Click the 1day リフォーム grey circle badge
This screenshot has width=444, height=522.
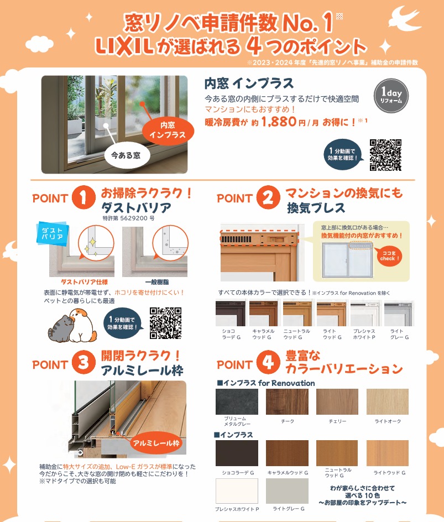(391, 96)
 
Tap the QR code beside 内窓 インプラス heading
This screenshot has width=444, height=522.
(385, 155)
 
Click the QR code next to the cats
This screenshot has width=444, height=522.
(165, 323)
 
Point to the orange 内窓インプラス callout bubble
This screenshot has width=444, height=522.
(168, 130)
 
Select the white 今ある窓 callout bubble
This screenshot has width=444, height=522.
(126, 155)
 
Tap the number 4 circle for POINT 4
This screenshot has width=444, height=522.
(268, 362)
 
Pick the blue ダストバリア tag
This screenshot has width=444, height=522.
(53, 233)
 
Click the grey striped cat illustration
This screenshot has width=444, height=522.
(60, 329)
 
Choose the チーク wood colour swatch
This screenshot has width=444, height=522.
(287, 401)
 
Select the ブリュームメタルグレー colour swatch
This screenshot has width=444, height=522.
(237, 401)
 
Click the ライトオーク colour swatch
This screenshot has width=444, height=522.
(388, 401)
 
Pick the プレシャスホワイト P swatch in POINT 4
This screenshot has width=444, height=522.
(237, 491)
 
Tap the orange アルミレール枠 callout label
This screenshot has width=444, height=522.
(156, 443)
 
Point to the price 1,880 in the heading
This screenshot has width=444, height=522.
(279, 122)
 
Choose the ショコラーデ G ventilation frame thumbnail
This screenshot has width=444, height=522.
(231, 313)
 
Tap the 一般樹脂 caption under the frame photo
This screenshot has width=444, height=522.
(157, 283)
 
